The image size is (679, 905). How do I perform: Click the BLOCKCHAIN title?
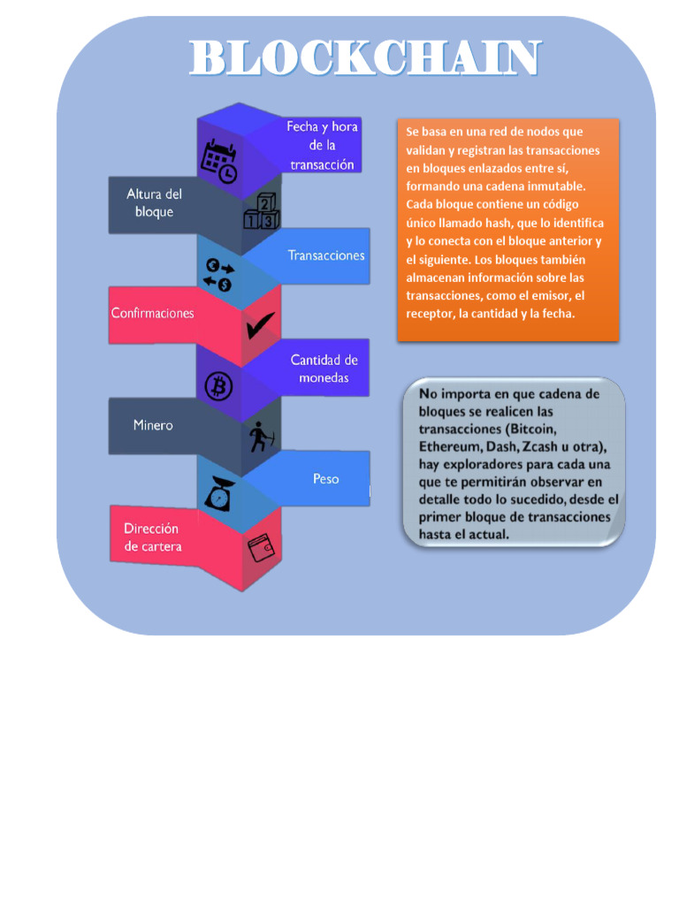(x=364, y=57)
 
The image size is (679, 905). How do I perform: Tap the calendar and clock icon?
(x=218, y=161)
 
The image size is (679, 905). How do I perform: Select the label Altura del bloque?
(x=154, y=203)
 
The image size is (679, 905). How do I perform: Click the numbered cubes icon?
(x=262, y=211)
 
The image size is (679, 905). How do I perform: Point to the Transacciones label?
(x=325, y=255)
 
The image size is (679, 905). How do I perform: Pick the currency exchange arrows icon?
(x=218, y=274)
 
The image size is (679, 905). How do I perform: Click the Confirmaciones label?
(x=152, y=313)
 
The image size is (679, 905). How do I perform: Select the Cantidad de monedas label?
(x=324, y=369)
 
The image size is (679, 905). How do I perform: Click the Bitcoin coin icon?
(x=218, y=386)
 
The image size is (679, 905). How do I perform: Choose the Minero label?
(x=153, y=425)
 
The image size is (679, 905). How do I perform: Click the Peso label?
(x=325, y=479)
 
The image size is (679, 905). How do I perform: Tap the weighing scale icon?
(x=218, y=495)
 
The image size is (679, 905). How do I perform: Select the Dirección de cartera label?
(x=152, y=537)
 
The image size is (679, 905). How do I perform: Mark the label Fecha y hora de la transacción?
(x=322, y=146)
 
